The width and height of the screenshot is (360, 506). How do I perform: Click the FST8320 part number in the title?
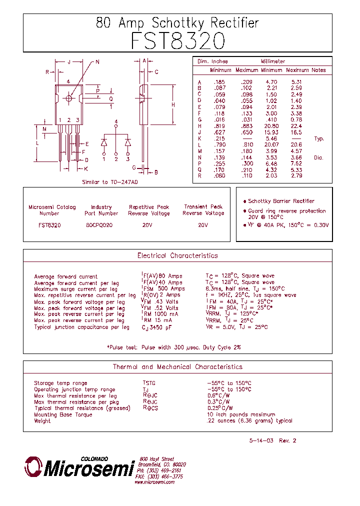click(x=177, y=41)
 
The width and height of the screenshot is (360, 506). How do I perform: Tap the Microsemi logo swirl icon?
click(x=32, y=466)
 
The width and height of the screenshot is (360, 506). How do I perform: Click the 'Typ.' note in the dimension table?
click(x=319, y=138)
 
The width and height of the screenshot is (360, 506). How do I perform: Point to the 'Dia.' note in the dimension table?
click(x=319, y=157)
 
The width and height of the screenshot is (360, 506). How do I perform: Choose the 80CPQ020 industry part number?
click(x=99, y=225)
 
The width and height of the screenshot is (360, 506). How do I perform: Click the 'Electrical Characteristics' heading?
click(x=177, y=255)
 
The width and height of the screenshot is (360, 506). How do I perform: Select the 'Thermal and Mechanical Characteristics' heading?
click(x=177, y=367)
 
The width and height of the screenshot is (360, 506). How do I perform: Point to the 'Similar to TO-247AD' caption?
click(x=110, y=182)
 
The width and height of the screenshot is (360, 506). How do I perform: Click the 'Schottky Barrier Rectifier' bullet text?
click(x=281, y=201)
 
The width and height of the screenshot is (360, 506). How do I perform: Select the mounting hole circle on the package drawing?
click(x=69, y=98)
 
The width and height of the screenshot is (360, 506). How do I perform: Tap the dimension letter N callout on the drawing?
click(x=97, y=62)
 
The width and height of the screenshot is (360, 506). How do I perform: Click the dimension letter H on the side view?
click(x=173, y=105)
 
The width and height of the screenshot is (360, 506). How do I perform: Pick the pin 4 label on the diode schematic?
click(x=116, y=122)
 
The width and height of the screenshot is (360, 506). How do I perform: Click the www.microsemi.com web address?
click(x=154, y=482)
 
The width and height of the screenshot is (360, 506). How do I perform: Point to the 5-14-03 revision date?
click(x=260, y=440)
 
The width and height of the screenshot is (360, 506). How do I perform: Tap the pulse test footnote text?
click(x=174, y=347)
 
